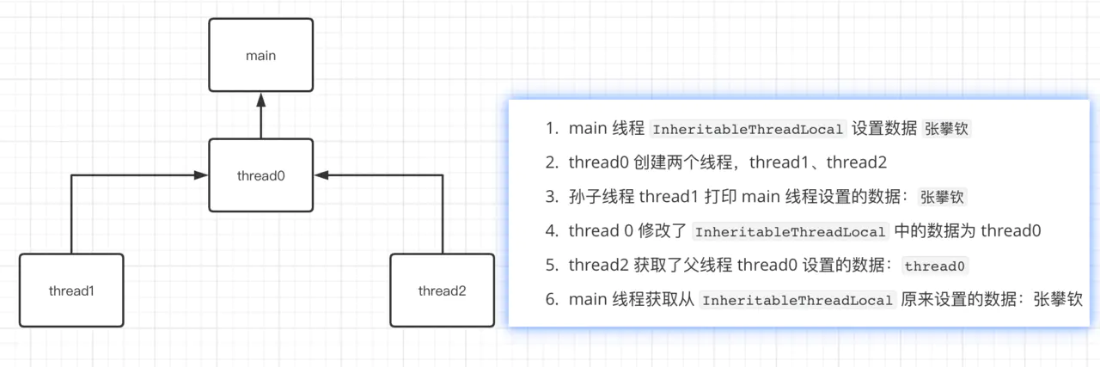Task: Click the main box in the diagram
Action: point(261,56)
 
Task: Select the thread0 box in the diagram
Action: point(261,175)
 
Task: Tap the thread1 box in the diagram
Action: point(71,290)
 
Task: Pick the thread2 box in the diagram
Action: point(443,290)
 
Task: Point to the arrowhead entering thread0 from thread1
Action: point(201,175)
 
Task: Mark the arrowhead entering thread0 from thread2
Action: point(321,175)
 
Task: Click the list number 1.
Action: point(551,128)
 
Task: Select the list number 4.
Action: point(551,231)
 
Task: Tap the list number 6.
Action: point(551,300)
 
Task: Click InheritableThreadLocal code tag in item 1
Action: point(749,129)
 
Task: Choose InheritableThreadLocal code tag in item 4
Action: point(790,232)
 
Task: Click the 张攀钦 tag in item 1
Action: point(948,129)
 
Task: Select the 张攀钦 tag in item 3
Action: point(943,197)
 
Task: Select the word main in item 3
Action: point(761,197)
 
